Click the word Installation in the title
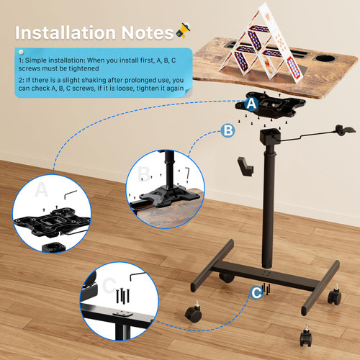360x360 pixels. [x=65, y=33]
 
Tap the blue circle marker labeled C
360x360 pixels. [x=256, y=292]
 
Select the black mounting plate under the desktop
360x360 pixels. [x=270, y=107]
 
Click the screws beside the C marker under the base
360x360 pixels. [x=267, y=289]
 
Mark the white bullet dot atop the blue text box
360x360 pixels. [x=21, y=52]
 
